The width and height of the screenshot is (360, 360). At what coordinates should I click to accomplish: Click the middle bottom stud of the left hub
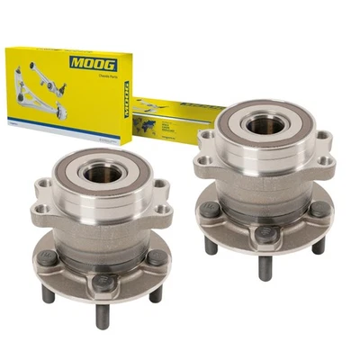(x=102, y=314)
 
